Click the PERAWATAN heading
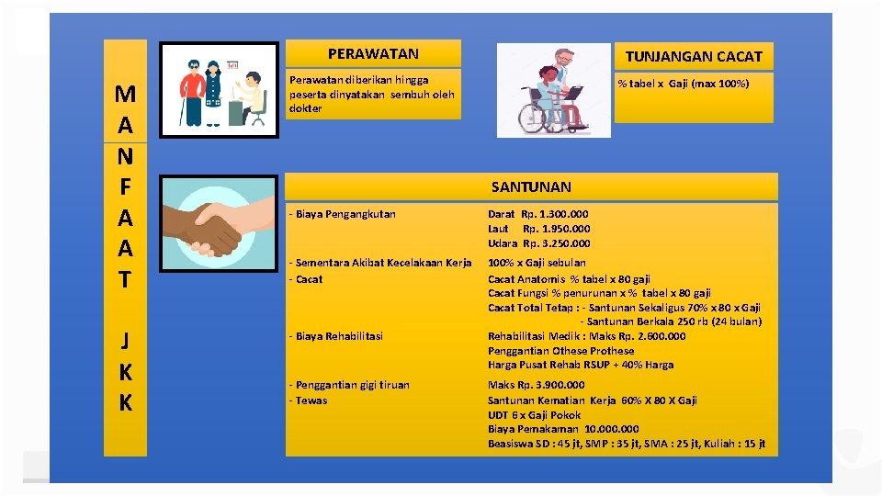click(x=373, y=54)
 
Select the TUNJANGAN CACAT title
click(x=694, y=57)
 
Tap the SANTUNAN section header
click(x=531, y=187)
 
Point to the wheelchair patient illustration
click(x=553, y=90)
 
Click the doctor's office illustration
click(x=220, y=90)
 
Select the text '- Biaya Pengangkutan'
click(x=342, y=214)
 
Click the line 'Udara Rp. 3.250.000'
click(x=538, y=243)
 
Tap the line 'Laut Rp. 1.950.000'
click(x=538, y=229)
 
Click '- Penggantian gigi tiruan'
click(x=349, y=385)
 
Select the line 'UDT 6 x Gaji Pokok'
click(x=534, y=415)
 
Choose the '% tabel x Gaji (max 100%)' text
click(x=683, y=84)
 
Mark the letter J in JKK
click(x=126, y=341)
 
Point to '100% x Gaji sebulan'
click(x=537, y=263)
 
